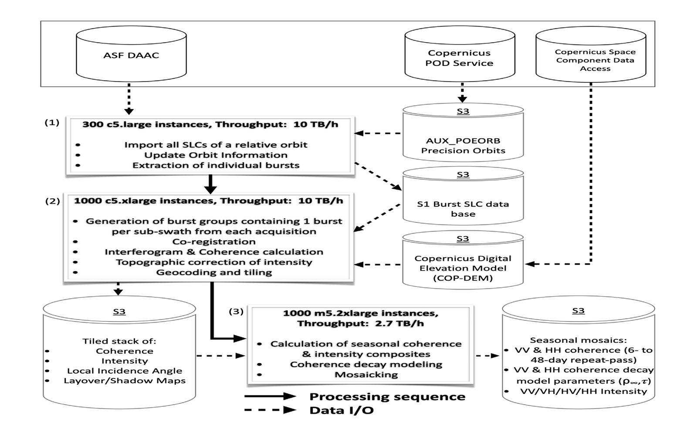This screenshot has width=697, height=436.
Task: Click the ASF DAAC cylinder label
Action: click(131, 55)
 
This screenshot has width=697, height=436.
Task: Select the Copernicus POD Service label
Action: click(459, 58)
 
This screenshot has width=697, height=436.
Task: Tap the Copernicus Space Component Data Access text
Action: click(595, 60)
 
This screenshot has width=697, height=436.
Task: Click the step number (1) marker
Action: click(52, 123)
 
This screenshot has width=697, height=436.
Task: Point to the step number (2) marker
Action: click(52, 201)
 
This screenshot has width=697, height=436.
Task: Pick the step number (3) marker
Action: click(236, 311)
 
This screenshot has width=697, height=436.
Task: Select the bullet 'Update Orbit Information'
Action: click(216, 155)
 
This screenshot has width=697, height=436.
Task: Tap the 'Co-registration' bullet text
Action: click(214, 242)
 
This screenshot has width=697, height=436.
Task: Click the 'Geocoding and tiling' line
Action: click(214, 272)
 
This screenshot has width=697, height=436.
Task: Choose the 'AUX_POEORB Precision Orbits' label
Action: click(463, 146)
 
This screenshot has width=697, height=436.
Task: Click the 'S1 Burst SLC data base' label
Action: click(463, 209)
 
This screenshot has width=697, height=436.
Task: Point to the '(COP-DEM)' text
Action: click(463, 278)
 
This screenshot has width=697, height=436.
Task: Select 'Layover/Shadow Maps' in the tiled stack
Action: click(125, 381)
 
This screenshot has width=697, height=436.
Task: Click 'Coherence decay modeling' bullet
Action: click(366, 364)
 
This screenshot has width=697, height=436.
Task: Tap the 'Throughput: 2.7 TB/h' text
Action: click(360, 324)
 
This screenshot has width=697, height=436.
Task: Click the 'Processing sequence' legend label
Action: click(387, 397)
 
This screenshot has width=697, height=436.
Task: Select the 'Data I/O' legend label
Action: click(341, 410)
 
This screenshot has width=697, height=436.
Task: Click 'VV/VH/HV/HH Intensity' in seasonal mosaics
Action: click(583, 391)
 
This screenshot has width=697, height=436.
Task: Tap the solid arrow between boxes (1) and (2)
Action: click(210, 184)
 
